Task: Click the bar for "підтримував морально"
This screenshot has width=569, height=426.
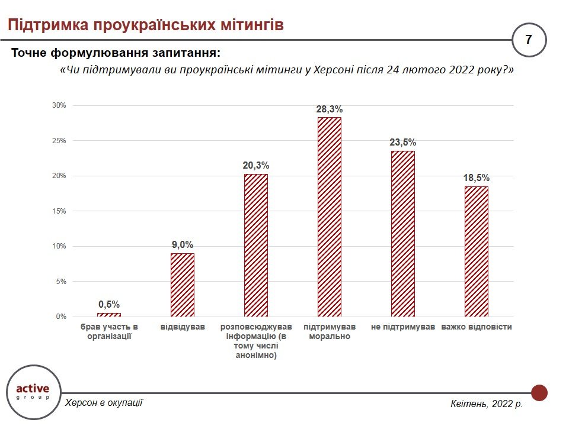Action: pos(330,217)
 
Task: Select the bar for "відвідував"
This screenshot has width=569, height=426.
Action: pos(183,285)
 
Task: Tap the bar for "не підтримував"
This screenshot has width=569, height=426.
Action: pos(403,234)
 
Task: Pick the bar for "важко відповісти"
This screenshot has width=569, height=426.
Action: pos(477,251)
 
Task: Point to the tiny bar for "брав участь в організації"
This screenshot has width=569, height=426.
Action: pos(109,315)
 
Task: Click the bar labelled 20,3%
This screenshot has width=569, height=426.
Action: pos(256,245)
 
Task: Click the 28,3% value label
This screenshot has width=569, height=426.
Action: pos(330,109)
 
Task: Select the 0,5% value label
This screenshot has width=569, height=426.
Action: pos(109,305)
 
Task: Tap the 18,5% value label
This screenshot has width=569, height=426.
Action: pos(477,178)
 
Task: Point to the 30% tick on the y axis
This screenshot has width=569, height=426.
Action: pos(59,105)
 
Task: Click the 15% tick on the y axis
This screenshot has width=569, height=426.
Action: pos(59,211)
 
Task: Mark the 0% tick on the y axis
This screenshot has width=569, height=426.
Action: pos(61,317)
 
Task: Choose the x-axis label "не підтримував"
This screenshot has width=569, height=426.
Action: pos(403,327)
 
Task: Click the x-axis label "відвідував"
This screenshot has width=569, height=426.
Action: pos(183,327)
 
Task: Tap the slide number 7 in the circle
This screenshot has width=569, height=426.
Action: pos(528,40)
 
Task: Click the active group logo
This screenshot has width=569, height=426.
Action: pos(33,392)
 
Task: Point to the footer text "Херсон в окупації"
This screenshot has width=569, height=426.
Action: pos(104,402)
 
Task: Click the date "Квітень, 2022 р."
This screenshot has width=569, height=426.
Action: pos(487,404)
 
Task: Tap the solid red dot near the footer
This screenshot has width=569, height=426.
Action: pos(539,392)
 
